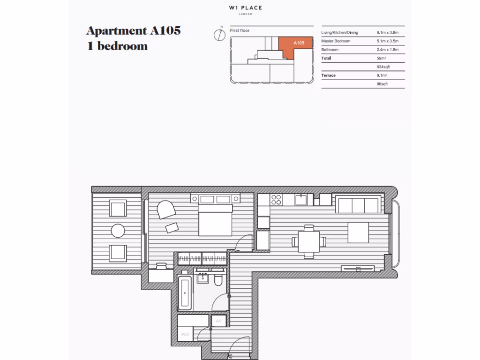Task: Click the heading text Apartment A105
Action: tap(134, 31)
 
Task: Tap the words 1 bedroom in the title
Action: tap(117, 46)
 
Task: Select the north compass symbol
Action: tap(218, 35)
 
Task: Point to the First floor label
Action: tap(240, 31)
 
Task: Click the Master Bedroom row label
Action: tap(336, 41)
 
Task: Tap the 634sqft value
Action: tap(383, 67)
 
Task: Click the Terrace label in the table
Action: tap(328, 75)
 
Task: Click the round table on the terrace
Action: tap(118, 231)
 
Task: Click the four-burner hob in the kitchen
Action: tap(277, 200)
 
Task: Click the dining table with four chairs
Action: tap(309, 242)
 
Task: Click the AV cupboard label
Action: tap(218, 321)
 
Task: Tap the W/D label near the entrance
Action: tap(185, 335)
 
